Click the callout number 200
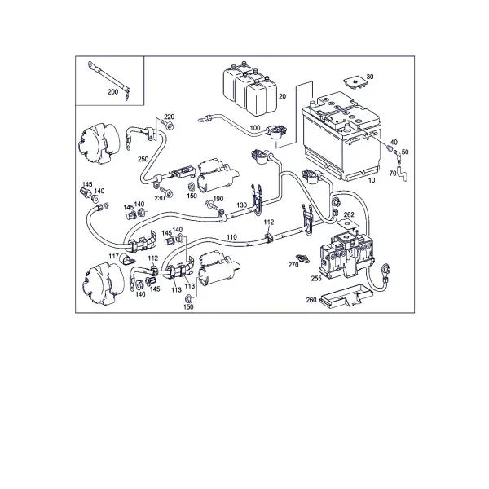(113, 92)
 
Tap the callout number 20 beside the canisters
(282, 96)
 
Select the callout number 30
(370, 77)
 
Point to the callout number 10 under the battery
(372, 180)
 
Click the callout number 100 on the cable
(255, 128)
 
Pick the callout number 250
(143, 159)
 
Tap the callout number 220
(170, 117)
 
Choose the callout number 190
(218, 199)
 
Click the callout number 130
(242, 205)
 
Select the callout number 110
(231, 237)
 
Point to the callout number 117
(113, 256)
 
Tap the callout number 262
(349, 214)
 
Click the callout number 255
(316, 278)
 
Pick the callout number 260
(311, 300)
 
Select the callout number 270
(293, 265)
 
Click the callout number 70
(393, 173)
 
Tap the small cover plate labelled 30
(355, 83)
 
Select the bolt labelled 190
(210, 205)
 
